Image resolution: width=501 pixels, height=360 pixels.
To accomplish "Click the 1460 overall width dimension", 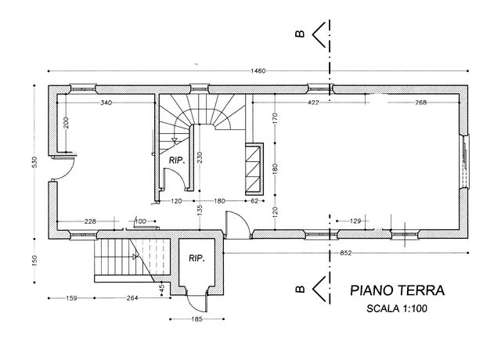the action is [258, 71].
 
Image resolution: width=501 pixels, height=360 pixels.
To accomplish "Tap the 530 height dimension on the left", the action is [34, 162].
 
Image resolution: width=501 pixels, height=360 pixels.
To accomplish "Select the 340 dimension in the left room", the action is [106, 103].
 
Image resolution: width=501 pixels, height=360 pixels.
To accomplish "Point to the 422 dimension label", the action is [313, 103].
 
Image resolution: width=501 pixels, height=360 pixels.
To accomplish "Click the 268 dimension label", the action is [421, 103].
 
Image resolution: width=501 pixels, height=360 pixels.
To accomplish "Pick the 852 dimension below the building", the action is [345, 253].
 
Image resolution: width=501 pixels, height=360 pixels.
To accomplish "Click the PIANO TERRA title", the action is [397, 290].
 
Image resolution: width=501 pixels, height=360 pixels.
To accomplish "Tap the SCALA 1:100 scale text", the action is [397, 308].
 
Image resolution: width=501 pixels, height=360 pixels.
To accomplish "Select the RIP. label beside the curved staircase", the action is [177, 160].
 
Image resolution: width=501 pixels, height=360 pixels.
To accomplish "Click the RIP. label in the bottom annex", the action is [196, 258].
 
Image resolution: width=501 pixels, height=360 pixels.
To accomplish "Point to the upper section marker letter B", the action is [300, 34].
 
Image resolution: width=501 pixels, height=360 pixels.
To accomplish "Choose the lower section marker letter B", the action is [300, 289].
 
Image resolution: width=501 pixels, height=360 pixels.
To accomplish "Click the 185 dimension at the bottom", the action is [196, 319].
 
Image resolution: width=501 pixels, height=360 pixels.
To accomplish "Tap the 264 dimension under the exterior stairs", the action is [132, 298].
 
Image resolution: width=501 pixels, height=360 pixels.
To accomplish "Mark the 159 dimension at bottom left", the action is [71, 298].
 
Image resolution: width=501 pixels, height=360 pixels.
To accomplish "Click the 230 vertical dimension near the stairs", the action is [200, 157].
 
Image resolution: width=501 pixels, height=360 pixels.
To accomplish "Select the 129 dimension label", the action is [355, 221].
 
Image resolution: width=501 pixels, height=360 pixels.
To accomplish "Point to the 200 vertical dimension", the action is [66, 123].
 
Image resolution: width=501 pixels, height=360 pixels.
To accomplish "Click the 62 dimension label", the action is [254, 201].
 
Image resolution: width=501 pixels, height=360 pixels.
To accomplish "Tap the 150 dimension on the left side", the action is [34, 261].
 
